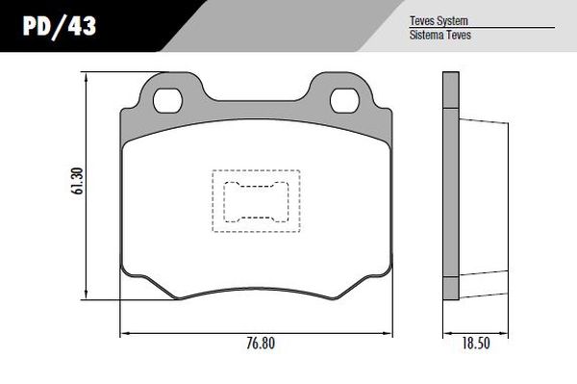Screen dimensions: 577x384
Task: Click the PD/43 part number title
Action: coord(60,27)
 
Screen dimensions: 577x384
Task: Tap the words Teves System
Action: coord(439,20)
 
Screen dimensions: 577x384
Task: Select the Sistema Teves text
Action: coord(440,35)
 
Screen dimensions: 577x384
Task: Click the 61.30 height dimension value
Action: coord(78,181)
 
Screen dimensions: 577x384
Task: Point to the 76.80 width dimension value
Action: coord(261,344)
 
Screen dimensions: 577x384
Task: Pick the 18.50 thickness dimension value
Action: coord(476,344)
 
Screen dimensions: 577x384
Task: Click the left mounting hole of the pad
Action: coord(167,100)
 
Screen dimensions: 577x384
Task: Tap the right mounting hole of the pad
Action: coord(344,100)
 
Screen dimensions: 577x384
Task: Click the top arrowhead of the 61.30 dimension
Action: coord(87,76)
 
